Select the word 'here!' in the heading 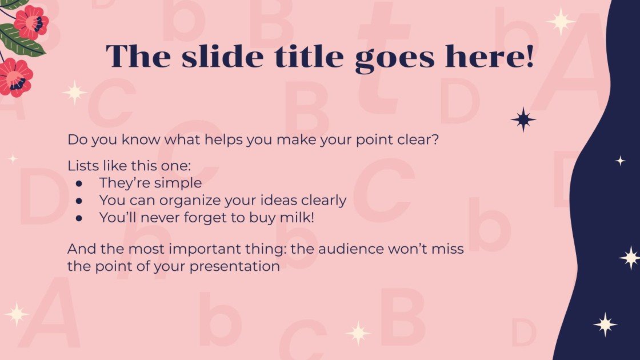[x=489, y=56]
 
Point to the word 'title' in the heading [x=309, y=56]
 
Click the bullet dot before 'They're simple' [x=79, y=183]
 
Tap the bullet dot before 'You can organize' [x=79, y=201]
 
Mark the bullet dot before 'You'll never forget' [x=79, y=218]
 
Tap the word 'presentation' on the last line [x=235, y=267]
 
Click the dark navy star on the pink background [x=523, y=119]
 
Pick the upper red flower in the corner [x=31, y=22]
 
